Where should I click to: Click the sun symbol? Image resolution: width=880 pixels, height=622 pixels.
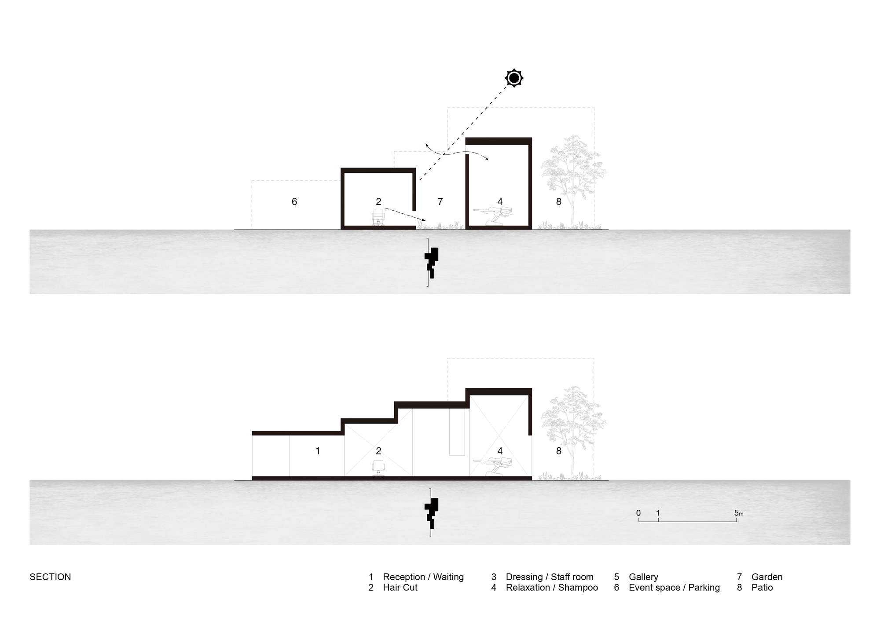[x=514, y=78]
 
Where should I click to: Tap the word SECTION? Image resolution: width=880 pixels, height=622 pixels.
[x=50, y=577]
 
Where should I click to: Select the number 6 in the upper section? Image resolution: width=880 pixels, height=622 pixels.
[x=294, y=201]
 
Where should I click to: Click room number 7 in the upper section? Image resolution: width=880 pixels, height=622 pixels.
[x=440, y=201]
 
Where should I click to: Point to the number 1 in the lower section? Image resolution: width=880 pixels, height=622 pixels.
[x=318, y=451]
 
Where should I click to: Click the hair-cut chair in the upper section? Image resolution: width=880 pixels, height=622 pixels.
[x=378, y=218]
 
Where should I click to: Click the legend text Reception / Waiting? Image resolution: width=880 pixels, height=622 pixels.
[x=423, y=577]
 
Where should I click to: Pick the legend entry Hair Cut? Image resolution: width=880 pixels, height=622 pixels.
[x=400, y=588]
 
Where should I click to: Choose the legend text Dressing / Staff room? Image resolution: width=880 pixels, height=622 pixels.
[x=550, y=577]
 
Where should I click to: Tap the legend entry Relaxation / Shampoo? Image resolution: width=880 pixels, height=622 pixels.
[x=552, y=588]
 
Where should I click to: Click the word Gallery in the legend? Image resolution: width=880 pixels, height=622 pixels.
[x=643, y=577]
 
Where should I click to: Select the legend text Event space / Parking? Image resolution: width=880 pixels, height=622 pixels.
[x=674, y=588]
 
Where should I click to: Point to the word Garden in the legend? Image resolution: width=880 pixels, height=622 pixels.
[x=767, y=577]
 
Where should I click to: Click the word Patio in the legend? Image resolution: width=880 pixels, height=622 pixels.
[x=762, y=588]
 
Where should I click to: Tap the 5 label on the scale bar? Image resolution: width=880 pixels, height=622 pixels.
[x=737, y=513]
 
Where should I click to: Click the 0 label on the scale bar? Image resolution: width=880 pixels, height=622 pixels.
[x=638, y=513]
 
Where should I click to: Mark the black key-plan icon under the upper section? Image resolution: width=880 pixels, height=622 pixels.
[x=431, y=262]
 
